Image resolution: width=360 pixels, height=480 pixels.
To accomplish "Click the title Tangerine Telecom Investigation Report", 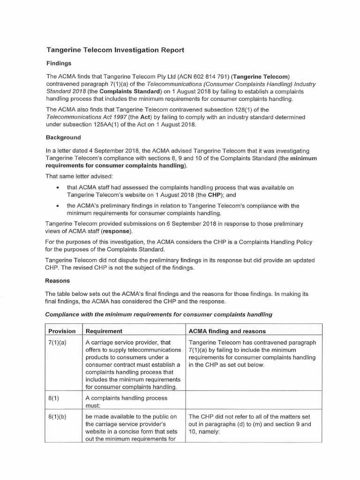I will pos(115,50).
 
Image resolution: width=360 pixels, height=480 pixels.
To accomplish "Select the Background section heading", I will pos(63,138).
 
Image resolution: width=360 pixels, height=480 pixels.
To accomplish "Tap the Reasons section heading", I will pos(58,281).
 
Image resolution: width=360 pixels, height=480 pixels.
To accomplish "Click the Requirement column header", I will pos(104,331).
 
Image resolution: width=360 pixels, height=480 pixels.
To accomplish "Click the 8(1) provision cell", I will pos(54,398).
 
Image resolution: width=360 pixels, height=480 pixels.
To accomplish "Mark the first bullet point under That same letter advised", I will pos(57,187).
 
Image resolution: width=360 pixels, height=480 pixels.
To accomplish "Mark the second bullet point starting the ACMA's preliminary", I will pos(57,206).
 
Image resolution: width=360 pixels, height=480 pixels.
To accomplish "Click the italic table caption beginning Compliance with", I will pos(158,314).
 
